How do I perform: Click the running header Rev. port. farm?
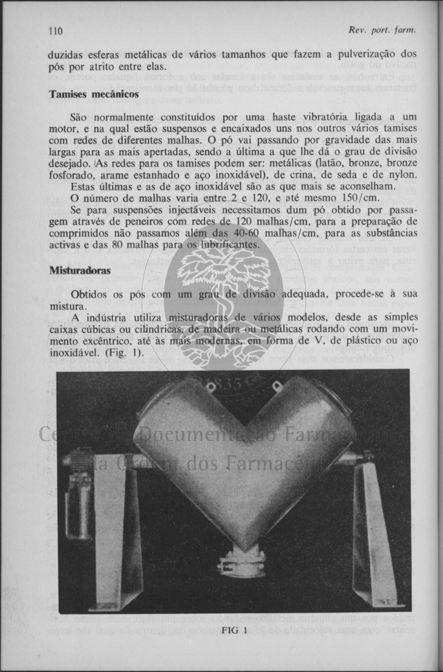pos(380,30)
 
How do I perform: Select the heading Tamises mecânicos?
pos(94,94)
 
